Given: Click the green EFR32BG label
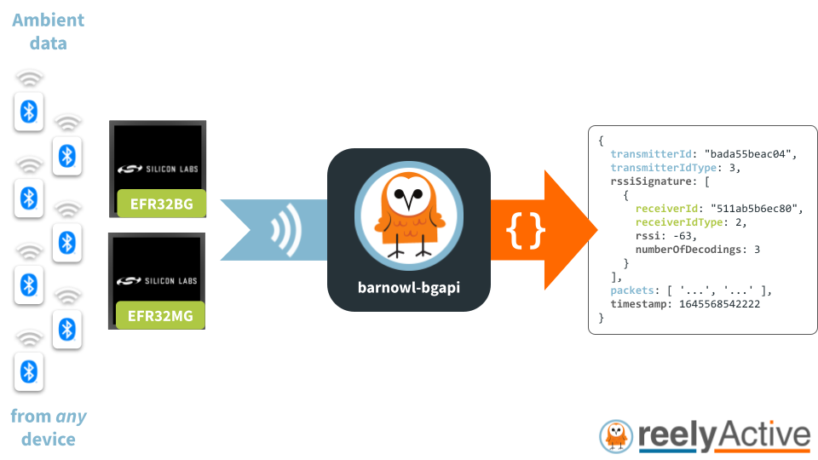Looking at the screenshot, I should tap(161, 204).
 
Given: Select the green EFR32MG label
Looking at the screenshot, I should tap(161, 317).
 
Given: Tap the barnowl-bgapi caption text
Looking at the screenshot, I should tap(408, 285).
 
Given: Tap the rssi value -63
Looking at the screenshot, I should tap(683, 236).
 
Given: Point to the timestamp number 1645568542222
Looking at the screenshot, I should tap(719, 304).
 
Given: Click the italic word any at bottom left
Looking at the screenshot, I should tap(71, 417).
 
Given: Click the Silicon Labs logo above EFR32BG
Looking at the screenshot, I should tap(158, 169).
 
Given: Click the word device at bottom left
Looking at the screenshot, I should tap(48, 440).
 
